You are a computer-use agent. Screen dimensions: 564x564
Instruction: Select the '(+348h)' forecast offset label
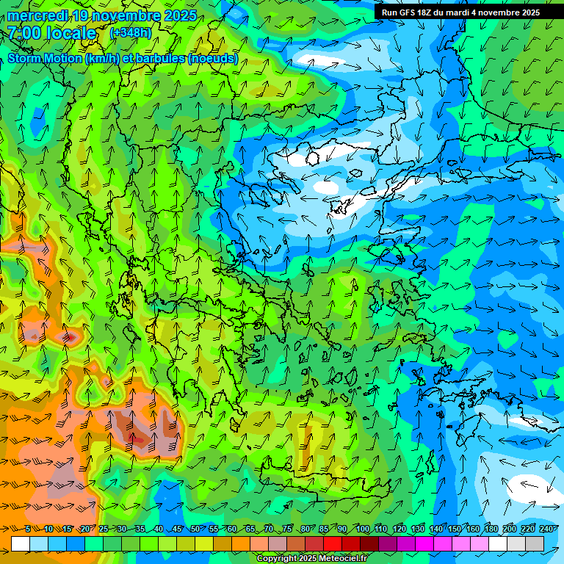point(131,33)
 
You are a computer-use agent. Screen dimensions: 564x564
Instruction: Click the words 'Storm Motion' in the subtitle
point(46,58)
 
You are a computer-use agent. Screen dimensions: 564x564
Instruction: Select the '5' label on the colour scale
point(28,529)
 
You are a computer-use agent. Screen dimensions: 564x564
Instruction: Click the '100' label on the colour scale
point(362,529)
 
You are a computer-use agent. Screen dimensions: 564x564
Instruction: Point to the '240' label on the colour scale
point(546,529)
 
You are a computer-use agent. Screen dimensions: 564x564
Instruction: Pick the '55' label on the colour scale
point(213,529)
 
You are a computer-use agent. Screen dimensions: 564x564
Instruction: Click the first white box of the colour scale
point(20,543)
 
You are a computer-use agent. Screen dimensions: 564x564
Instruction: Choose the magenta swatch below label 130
point(424,543)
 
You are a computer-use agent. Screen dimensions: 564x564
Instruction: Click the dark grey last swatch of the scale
point(535,543)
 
